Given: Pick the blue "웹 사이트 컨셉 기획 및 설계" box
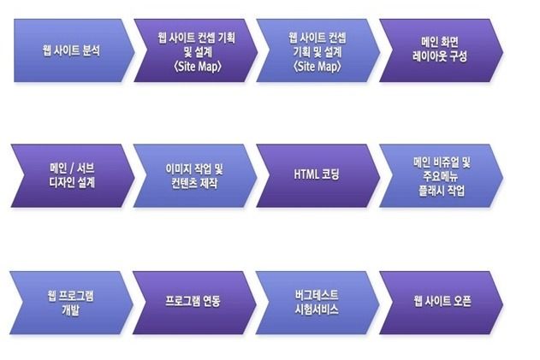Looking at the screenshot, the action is pyautogui.click(x=317, y=50).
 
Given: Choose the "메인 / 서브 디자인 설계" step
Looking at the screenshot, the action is pyautogui.click(x=73, y=176).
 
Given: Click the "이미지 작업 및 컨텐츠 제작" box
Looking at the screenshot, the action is pyautogui.click(x=195, y=176).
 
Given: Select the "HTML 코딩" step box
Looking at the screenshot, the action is pyautogui.click(x=317, y=176).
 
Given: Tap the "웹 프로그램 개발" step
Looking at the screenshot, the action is pyautogui.click(x=71, y=303).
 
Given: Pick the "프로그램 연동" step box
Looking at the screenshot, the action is pyautogui.click(x=194, y=303).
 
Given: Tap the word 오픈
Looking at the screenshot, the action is pyautogui.click(x=460, y=301).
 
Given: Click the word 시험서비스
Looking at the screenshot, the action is pyautogui.click(x=317, y=310).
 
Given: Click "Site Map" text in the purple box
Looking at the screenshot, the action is pyautogui.click(x=198, y=67).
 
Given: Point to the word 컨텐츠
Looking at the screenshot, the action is pyautogui.click(x=183, y=183).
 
